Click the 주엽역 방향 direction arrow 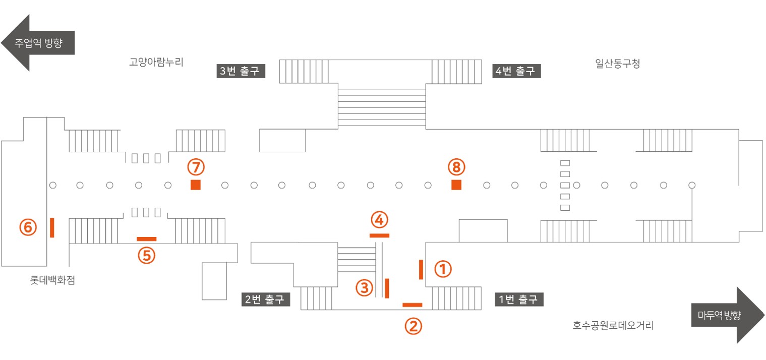[x=38, y=43]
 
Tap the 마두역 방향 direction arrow [x=728, y=315]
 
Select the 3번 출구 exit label [x=241, y=71]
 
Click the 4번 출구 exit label [x=516, y=71]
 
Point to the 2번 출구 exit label [x=266, y=299]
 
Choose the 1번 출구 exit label [x=519, y=299]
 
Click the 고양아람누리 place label [x=156, y=62]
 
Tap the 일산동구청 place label [x=618, y=63]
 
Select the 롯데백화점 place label [x=52, y=280]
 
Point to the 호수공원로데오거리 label [x=613, y=325]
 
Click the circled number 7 [x=196, y=167]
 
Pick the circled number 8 [x=456, y=167]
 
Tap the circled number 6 [x=28, y=227]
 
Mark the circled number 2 [x=414, y=326]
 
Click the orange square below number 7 [x=196, y=185]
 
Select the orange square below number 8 [x=456, y=185]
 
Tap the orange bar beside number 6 [x=52, y=228]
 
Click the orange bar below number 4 [x=380, y=235]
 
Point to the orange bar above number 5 [x=147, y=239]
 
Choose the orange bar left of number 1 [x=421, y=270]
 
